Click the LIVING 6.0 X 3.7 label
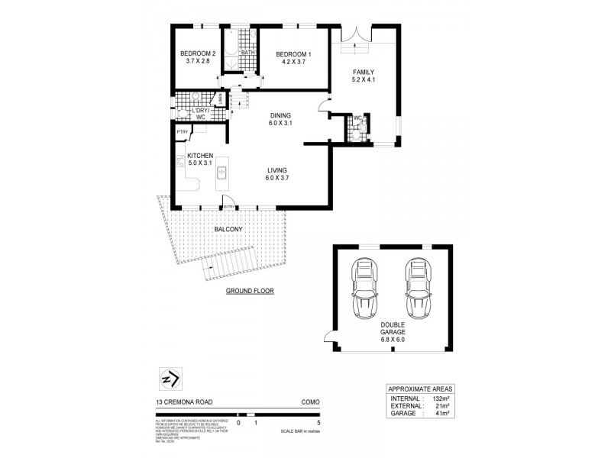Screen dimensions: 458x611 click(x=276, y=174)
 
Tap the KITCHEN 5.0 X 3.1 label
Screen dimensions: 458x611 click(x=199, y=160)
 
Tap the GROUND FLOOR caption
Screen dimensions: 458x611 click(x=249, y=292)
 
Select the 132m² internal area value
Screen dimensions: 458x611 click(x=439, y=398)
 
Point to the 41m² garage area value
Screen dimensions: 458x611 click(x=441, y=413)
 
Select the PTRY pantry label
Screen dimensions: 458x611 click(x=183, y=132)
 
